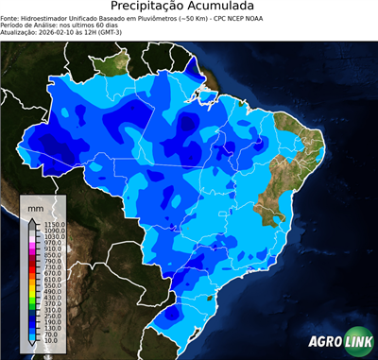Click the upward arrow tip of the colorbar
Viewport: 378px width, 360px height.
pyautogui.click(x=32, y=220)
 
